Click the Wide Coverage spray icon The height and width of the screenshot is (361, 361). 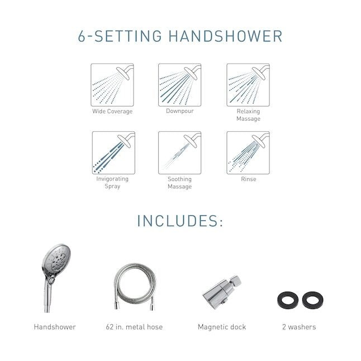click(113, 84)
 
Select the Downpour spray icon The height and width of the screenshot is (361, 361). click(180, 84)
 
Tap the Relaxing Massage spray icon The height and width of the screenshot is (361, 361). click(248, 84)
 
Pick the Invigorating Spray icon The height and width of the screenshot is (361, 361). click(113, 153)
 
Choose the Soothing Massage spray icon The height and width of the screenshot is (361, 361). click(180, 153)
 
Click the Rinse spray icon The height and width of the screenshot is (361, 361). click(248, 153)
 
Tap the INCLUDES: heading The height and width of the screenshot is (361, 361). click(180, 220)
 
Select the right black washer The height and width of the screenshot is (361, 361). click(312, 301)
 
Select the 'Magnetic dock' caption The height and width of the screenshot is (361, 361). click(222, 327)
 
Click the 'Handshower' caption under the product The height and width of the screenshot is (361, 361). click(55, 327)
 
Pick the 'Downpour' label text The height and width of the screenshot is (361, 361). click(180, 111)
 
